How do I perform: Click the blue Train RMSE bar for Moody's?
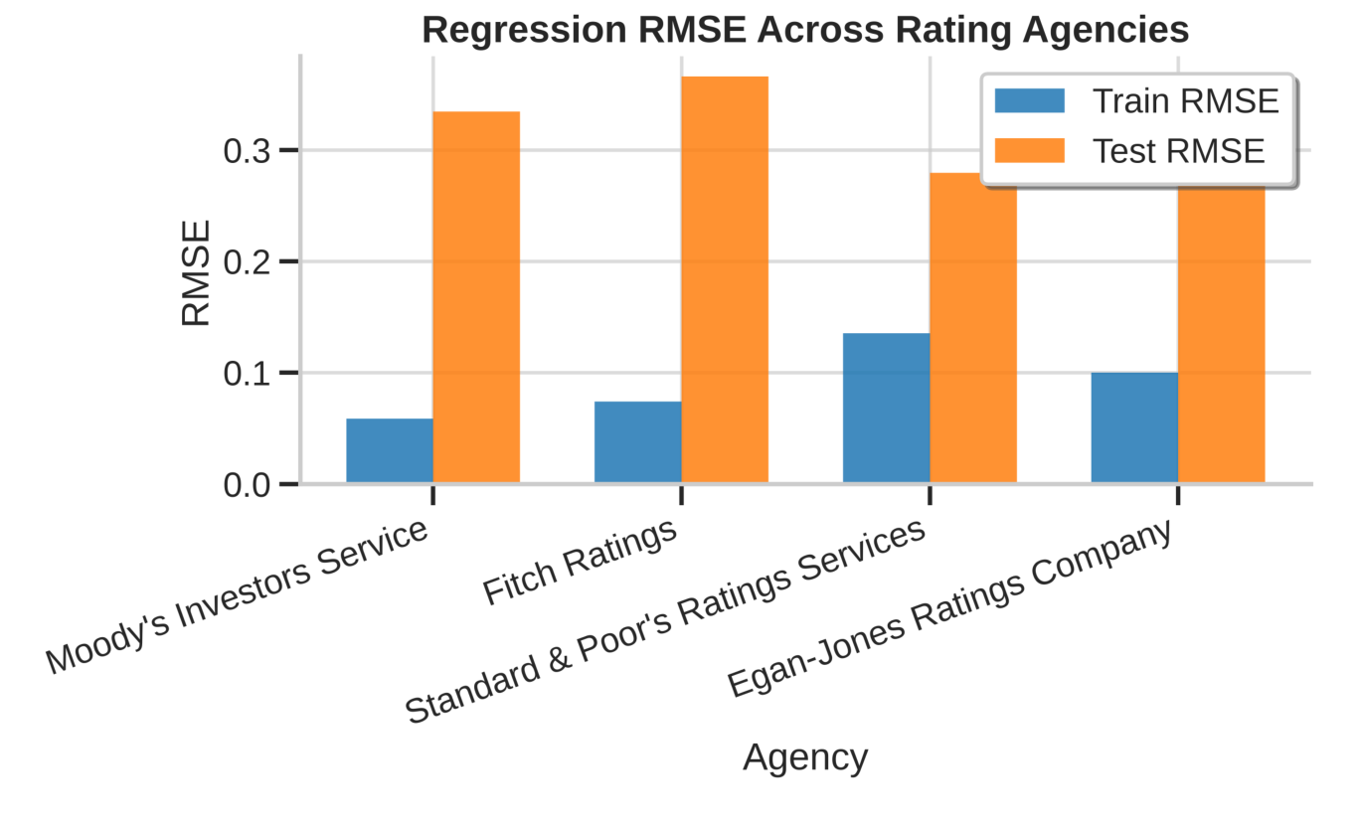click(390, 451)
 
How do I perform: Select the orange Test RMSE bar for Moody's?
click(476, 298)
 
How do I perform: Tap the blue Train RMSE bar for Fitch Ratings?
click(637, 442)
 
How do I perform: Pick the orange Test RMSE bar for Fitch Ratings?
click(725, 280)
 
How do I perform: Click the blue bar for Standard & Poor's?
click(886, 409)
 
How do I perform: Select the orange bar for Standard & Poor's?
click(973, 328)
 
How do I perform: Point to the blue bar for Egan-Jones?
click(1134, 427)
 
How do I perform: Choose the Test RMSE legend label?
click(1178, 151)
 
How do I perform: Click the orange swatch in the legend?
click(1029, 151)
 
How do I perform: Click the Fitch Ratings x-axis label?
click(582, 562)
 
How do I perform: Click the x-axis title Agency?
click(805, 758)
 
